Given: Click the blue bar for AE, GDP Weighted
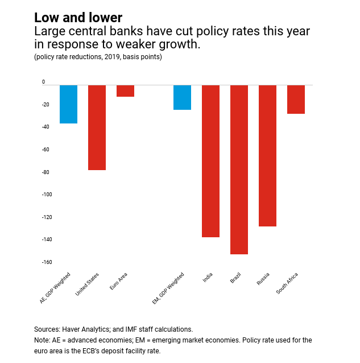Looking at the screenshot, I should click(68, 104).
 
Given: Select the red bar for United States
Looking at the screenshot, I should click(97, 127).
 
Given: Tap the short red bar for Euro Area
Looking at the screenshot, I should click(125, 91).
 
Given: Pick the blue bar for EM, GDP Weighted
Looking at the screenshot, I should click(182, 97).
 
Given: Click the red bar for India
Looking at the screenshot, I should click(210, 161).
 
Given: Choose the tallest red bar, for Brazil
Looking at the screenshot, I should click(239, 170).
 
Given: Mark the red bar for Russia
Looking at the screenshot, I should click(267, 155).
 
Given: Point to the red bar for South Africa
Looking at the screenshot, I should click(296, 100).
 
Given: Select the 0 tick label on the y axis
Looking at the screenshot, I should click(43, 82).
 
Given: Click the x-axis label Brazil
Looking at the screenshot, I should click(235, 279).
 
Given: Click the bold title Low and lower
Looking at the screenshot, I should click(78, 18).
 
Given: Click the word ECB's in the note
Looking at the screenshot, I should click(115, 350).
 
